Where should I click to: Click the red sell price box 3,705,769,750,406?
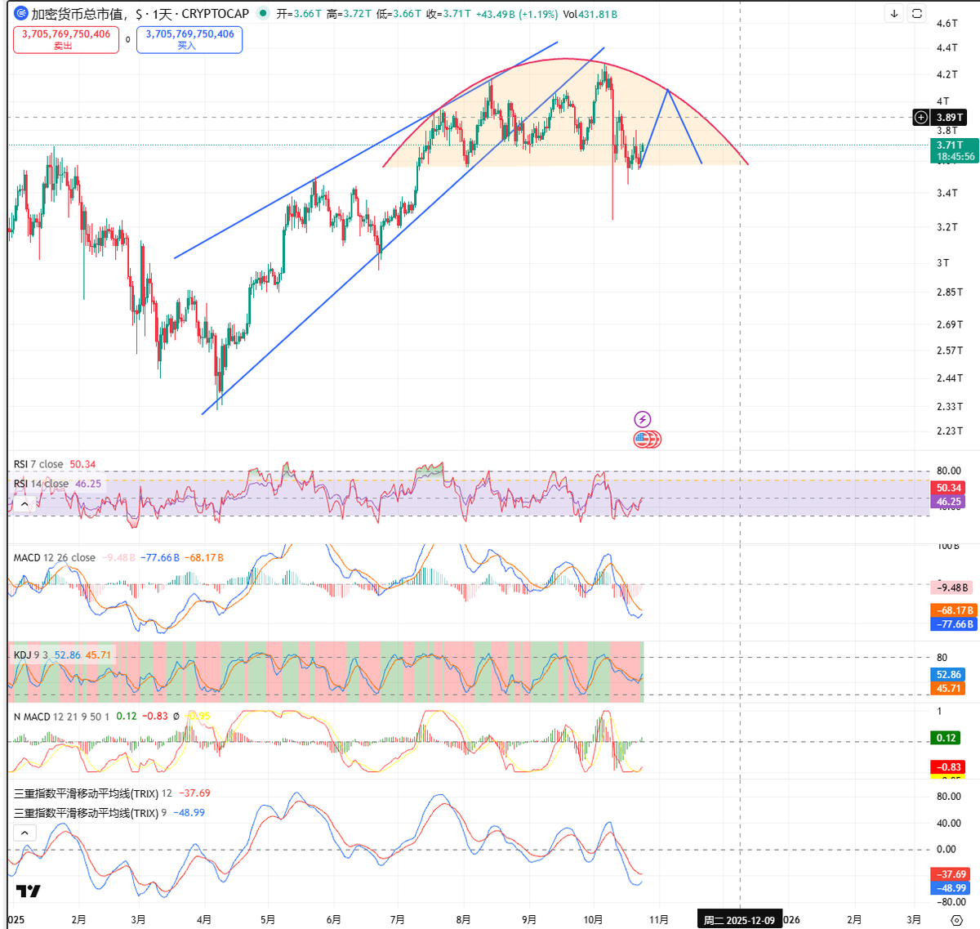click(x=66, y=39)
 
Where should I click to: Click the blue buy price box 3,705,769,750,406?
click(x=189, y=39)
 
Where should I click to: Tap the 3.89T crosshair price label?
click(x=949, y=118)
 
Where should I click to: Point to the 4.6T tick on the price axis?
click(x=947, y=24)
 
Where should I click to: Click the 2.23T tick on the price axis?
click(x=949, y=431)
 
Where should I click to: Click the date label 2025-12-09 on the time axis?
click(x=739, y=920)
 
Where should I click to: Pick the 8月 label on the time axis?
click(x=463, y=920)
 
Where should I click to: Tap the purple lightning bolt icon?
click(x=643, y=420)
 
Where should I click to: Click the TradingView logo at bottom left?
click(x=28, y=891)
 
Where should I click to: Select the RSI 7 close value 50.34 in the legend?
click(x=82, y=464)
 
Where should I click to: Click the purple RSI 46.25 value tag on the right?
click(x=948, y=502)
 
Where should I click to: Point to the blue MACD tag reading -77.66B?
click(x=953, y=624)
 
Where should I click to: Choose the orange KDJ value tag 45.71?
click(x=948, y=688)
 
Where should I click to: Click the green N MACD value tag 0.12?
click(x=947, y=738)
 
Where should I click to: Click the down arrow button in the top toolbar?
click(x=894, y=14)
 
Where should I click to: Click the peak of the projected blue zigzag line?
click(x=668, y=89)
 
